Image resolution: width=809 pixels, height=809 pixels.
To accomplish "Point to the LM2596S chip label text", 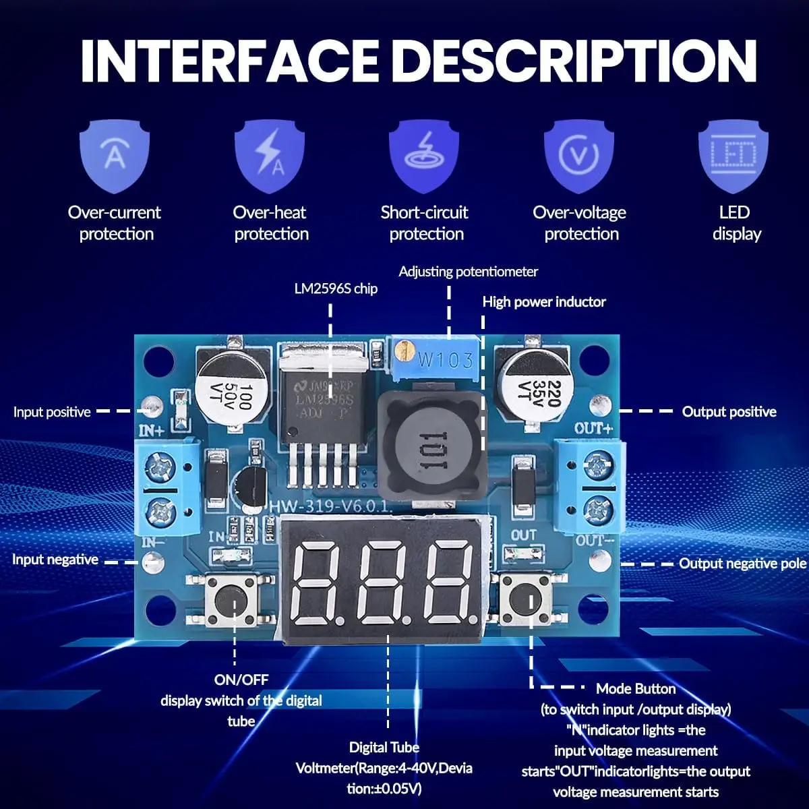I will [x=336, y=289].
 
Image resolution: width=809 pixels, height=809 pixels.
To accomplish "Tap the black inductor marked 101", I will [x=431, y=442].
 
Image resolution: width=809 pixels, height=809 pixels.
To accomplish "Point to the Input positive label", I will [x=52, y=412].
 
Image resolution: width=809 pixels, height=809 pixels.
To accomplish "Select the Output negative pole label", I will [x=742, y=564].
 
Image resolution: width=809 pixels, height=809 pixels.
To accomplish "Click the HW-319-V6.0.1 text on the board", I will [x=330, y=506].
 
